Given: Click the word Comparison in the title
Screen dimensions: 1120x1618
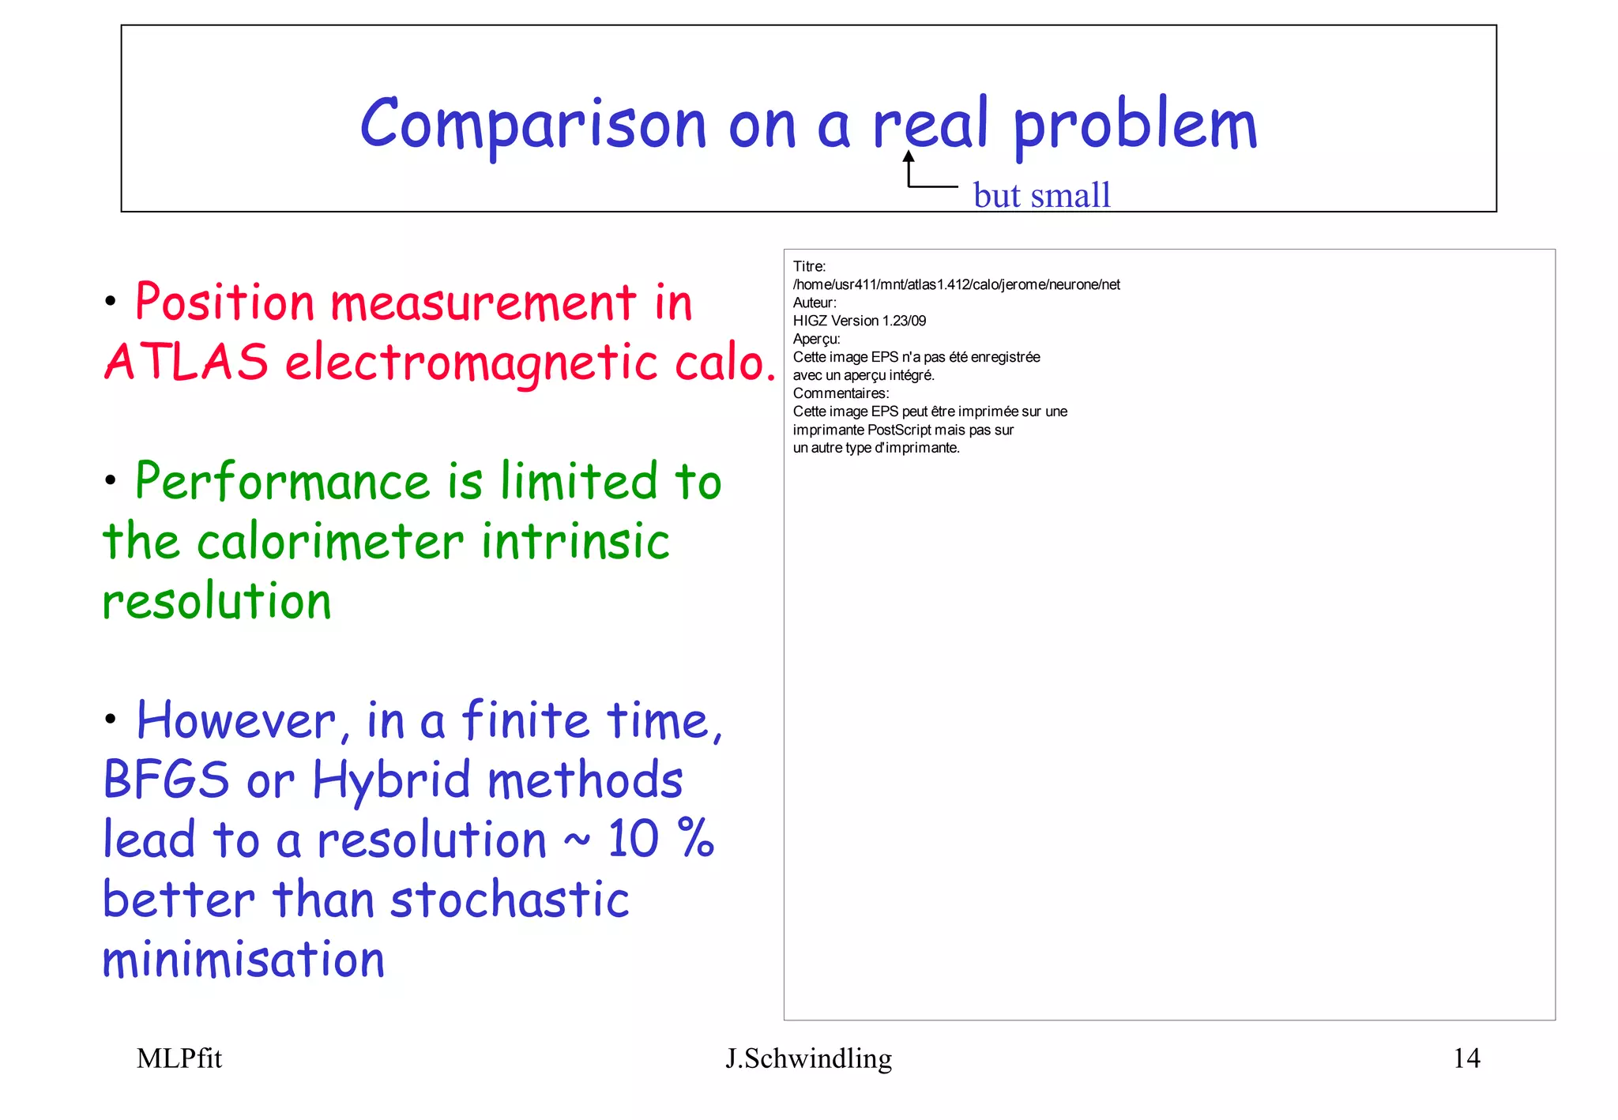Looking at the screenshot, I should point(532,125).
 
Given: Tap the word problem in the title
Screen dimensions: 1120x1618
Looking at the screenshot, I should point(1134,126).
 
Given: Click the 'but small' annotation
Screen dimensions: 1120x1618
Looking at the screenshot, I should point(1041,195).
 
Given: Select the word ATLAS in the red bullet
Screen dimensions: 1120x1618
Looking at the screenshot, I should point(186,362).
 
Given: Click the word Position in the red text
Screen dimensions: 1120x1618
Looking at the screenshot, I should point(225,302).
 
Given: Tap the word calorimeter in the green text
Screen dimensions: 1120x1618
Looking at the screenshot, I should point(329,542).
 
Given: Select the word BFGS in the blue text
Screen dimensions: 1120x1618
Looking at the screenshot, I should point(167,780).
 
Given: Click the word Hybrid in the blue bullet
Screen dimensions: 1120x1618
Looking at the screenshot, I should point(392,780).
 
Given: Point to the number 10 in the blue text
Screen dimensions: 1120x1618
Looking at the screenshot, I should point(633,839).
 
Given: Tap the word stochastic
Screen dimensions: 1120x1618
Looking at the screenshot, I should point(510,900).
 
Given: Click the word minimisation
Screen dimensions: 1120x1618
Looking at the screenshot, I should point(243,960).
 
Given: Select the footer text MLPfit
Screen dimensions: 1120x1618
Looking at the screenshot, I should point(179,1058).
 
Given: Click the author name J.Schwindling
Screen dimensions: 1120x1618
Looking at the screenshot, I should point(808,1058).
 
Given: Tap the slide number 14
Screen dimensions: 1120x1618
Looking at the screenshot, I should point(1466,1058).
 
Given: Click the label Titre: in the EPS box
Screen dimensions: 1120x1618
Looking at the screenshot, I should point(810,267).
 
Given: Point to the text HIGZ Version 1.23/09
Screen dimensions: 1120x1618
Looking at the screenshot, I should point(860,321).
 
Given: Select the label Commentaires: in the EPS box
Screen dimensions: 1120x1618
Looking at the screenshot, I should point(841,393).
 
